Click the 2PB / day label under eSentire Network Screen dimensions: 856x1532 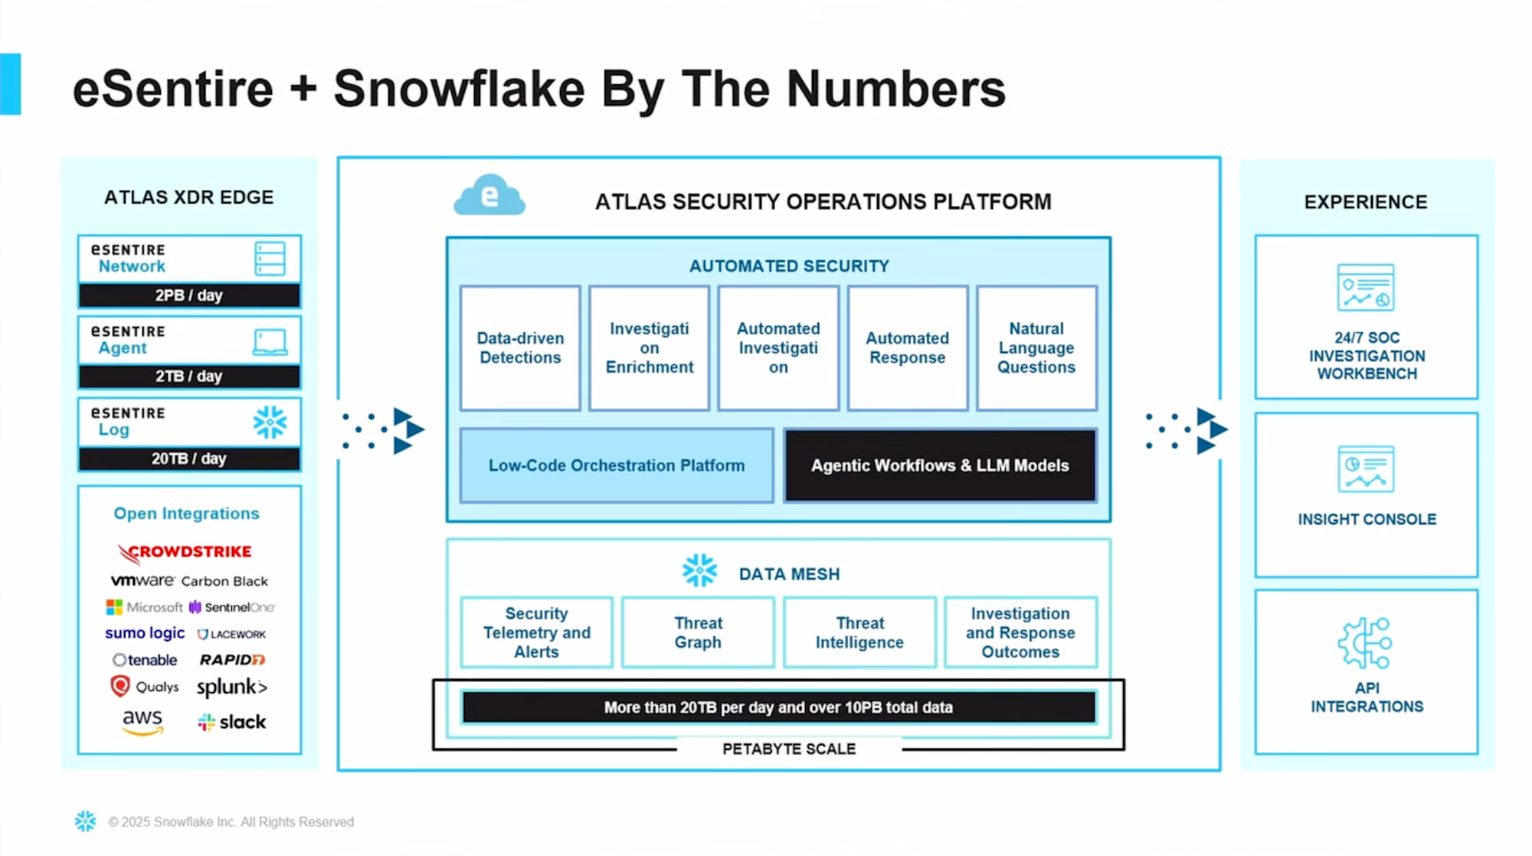click(x=188, y=296)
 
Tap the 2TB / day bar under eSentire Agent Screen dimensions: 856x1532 click(x=188, y=377)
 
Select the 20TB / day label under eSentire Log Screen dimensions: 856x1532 click(x=188, y=459)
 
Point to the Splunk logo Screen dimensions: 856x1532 click(x=231, y=687)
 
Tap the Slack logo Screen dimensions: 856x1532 click(x=231, y=722)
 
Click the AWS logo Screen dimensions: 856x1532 click(x=142, y=721)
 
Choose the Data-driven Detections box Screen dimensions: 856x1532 click(x=520, y=348)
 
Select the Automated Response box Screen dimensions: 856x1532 click(x=907, y=348)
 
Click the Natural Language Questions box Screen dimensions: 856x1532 click(x=1036, y=348)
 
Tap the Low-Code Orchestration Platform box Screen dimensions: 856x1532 click(x=617, y=466)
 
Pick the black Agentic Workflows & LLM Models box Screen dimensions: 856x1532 click(x=940, y=466)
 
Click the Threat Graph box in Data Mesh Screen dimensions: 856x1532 click(x=698, y=632)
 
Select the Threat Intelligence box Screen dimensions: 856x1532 click(x=859, y=632)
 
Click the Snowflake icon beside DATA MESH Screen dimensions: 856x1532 click(x=699, y=571)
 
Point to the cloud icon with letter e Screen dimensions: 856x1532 click(x=489, y=196)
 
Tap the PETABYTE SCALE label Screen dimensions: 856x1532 click(x=789, y=749)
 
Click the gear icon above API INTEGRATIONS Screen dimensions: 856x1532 click(x=1366, y=643)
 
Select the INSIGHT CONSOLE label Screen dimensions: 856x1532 click(x=1367, y=519)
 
